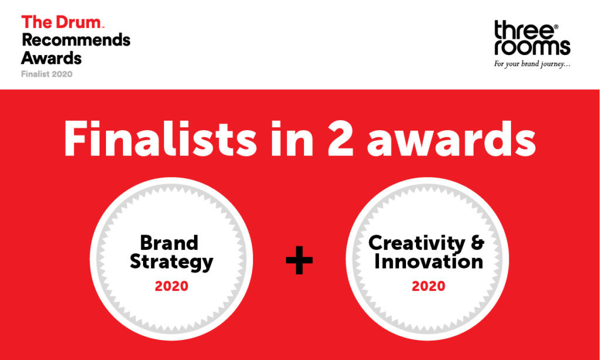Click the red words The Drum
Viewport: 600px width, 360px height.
pos(62,23)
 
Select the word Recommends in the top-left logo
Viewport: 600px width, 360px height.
pos(76,40)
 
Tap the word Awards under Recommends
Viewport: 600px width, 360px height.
pos(52,58)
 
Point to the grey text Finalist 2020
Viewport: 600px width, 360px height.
pos(47,74)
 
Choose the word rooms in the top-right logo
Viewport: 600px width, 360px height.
pos(532,47)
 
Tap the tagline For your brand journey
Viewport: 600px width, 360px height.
pos(532,64)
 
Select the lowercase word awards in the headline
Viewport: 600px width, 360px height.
pos(451,139)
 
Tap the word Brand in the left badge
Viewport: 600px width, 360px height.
pos(169,242)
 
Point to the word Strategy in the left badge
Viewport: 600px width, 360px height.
pos(171,261)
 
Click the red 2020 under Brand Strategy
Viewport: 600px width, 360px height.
pos(171,286)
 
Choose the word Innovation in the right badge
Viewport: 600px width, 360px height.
pos(428,261)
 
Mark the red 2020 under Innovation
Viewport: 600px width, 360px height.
pos(428,286)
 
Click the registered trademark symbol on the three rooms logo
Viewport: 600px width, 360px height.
pos(556,27)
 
